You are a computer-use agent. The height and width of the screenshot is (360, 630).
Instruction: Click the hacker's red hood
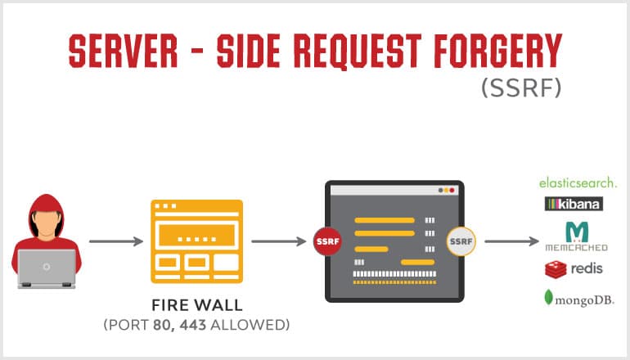click(47, 209)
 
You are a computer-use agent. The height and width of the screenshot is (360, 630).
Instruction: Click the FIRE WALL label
click(197, 305)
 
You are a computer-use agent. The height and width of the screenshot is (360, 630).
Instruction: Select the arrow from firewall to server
click(279, 241)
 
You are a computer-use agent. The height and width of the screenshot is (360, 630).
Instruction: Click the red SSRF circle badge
click(326, 241)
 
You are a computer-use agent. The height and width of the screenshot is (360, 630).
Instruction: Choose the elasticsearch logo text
click(578, 182)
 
